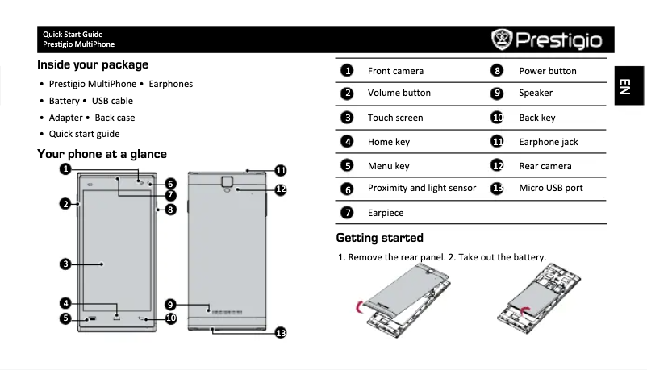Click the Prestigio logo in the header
click(x=547, y=39)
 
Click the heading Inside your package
click(x=93, y=64)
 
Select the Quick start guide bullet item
click(x=84, y=134)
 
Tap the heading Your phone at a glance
click(x=102, y=154)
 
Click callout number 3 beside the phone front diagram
click(x=65, y=264)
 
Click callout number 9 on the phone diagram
click(x=171, y=304)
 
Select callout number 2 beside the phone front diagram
click(x=65, y=203)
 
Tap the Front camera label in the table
click(x=395, y=71)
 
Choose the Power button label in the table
click(x=547, y=71)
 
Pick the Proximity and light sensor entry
click(x=421, y=188)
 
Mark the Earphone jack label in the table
click(x=548, y=142)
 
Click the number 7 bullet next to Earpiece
click(x=347, y=213)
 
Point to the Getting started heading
click(x=379, y=238)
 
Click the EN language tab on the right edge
click(x=624, y=86)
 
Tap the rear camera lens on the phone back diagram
click(x=227, y=189)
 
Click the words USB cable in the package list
click(x=112, y=101)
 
